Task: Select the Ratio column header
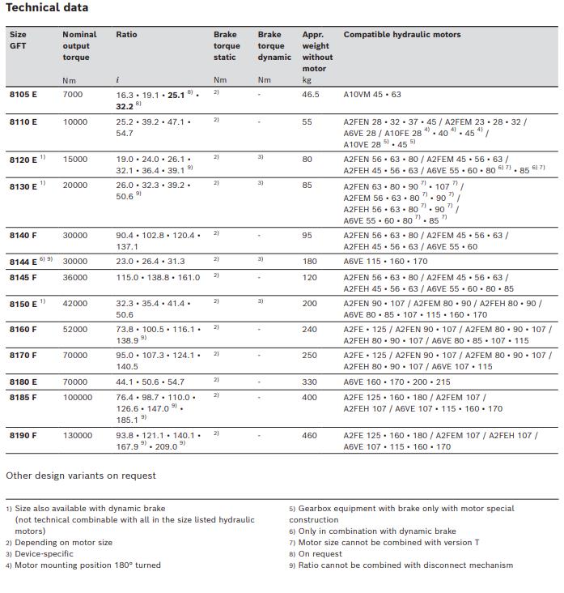tap(127, 35)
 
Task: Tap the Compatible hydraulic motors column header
tap(402, 35)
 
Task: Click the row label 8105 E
tap(23, 95)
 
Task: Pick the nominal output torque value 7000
tap(73, 95)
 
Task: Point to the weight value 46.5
tap(311, 95)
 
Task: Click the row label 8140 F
tap(23, 236)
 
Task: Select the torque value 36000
tap(75, 276)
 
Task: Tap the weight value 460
tap(310, 436)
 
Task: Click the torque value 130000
tap(78, 436)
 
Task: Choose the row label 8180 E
tap(23, 382)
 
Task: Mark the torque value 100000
tap(78, 398)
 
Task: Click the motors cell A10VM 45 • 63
tap(372, 95)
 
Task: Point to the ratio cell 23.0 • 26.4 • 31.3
tap(151, 262)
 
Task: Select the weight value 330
tap(310, 382)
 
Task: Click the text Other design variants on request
tap(81, 476)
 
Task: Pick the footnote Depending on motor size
tap(64, 543)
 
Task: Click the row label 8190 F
tap(23, 436)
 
